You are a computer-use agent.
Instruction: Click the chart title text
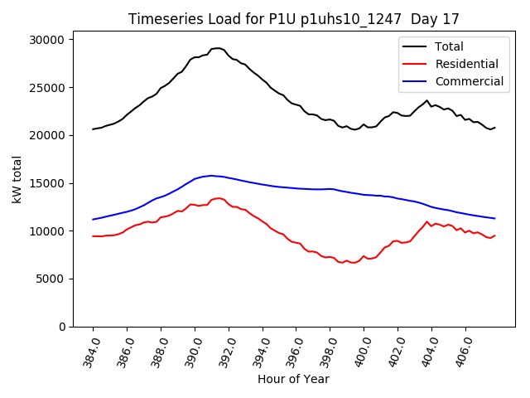pos(294,19)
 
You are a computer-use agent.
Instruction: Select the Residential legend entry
pos(465,64)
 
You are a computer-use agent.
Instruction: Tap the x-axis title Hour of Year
pos(293,379)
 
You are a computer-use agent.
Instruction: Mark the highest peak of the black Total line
pos(218,48)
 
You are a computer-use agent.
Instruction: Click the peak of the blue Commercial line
pos(211,176)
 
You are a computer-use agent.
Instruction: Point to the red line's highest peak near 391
pos(219,198)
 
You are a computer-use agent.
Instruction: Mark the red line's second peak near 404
pos(427,221)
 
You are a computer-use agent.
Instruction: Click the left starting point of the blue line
pos(93,220)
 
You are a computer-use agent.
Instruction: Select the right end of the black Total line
pos(494,128)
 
